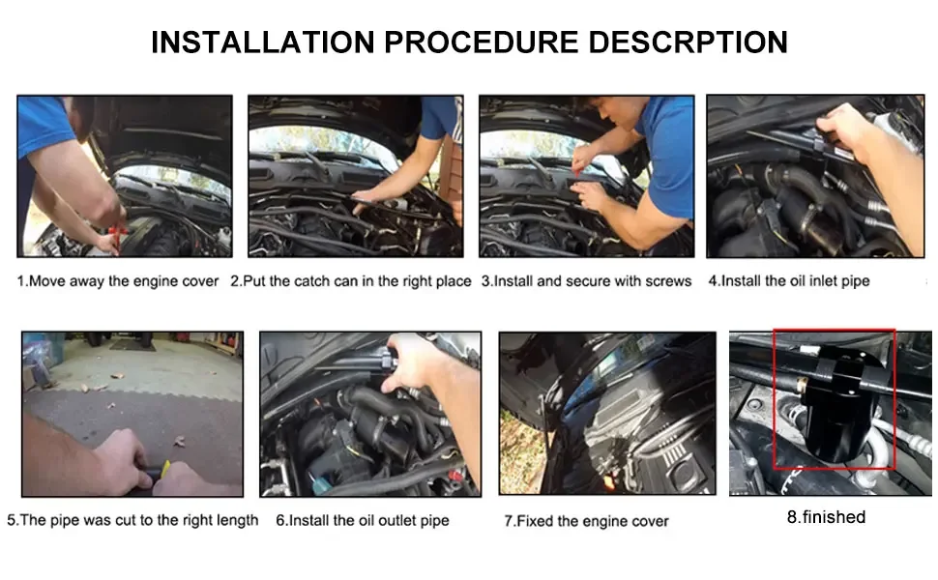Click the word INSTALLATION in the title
(263, 42)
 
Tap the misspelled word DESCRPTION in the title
(688, 42)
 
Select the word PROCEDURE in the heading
(481, 42)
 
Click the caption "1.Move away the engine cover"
(118, 281)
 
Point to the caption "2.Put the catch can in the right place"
(351, 281)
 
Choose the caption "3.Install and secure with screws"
(586, 281)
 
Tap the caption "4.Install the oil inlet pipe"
(789, 281)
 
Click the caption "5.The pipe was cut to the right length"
(132, 520)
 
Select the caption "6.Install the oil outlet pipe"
(363, 521)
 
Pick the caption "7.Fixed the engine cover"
(586, 521)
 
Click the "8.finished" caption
(826, 517)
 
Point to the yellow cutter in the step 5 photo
(163, 471)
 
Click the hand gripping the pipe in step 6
(413, 362)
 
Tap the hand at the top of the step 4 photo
(849, 129)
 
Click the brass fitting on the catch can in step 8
(802, 384)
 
